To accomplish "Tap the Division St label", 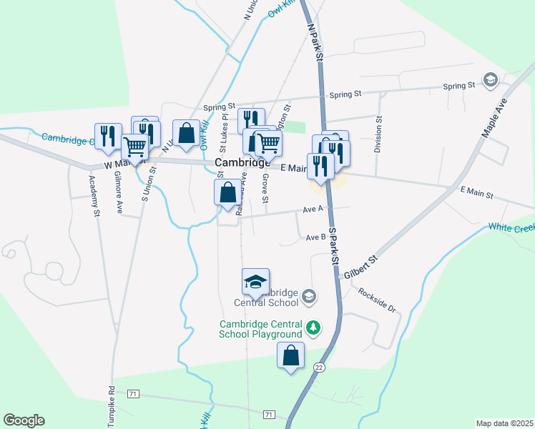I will [x=378, y=135].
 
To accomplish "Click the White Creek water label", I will [x=511, y=227].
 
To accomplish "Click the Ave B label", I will [x=315, y=237].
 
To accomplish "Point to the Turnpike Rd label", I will [x=112, y=407].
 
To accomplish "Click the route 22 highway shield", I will [x=318, y=367].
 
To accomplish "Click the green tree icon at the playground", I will [x=313, y=328].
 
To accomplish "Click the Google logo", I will [x=24, y=420].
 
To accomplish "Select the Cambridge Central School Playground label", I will [x=260, y=329].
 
